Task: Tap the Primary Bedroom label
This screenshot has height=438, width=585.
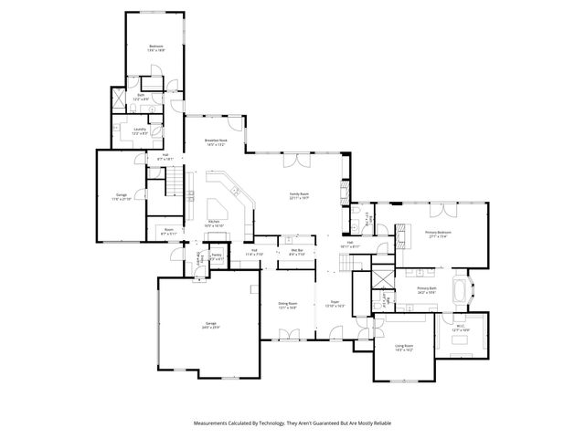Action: (438, 234)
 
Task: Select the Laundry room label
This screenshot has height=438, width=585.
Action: (140, 130)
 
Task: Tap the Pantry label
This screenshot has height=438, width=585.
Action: (218, 257)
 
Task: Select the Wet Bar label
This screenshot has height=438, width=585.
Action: (296, 252)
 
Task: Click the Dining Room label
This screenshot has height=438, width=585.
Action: (288, 307)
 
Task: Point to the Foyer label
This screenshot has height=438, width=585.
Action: (335, 306)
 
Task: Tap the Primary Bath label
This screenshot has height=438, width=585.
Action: (428, 291)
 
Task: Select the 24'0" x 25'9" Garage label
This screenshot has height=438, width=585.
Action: (210, 325)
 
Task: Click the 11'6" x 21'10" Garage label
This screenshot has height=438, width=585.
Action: (122, 196)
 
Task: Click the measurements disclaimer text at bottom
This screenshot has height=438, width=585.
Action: (292, 423)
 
